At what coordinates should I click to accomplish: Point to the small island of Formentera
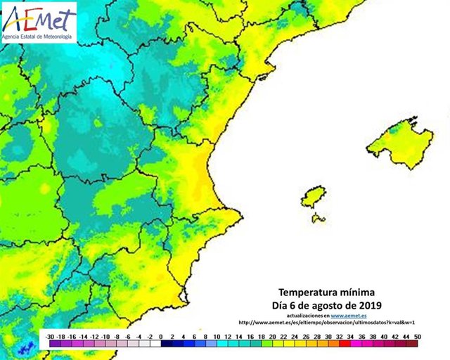pyautogui.click(x=319, y=219)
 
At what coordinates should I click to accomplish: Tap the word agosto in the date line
pyautogui.click(x=323, y=304)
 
